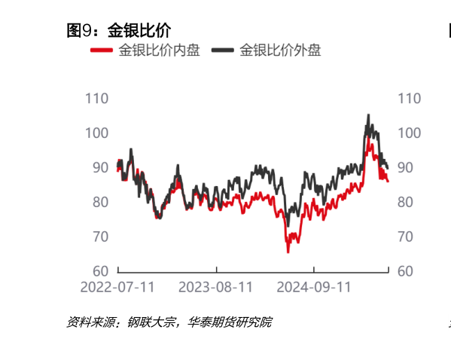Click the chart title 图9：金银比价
pyautogui.click(x=119, y=31)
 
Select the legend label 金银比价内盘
pyautogui.click(x=159, y=51)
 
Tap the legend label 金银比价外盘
pyautogui.click(x=280, y=51)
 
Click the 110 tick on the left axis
pyautogui.click(x=97, y=98)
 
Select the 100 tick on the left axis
pyautogui.click(x=97, y=133)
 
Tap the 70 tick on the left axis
pyautogui.click(x=101, y=236)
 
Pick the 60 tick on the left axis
pyautogui.click(x=101, y=271)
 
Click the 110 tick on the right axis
pyautogui.click(x=409, y=98)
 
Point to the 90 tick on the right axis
pyautogui.click(x=405, y=167)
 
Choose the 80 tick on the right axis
pyautogui.click(x=405, y=202)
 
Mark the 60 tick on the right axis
pyautogui.click(x=405, y=271)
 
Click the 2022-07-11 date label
pyautogui.click(x=117, y=287)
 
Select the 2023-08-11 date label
pyautogui.click(x=215, y=287)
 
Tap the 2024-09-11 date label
pyautogui.click(x=314, y=287)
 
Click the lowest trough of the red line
pyautogui.click(x=288, y=252)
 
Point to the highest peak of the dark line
pyautogui.click(x=368, y=115)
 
